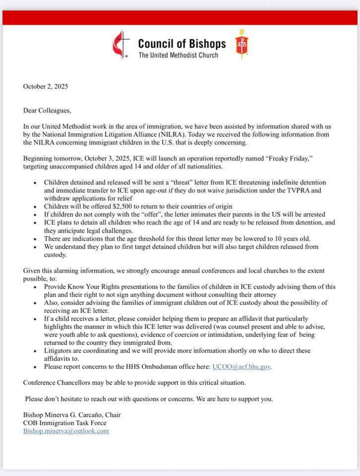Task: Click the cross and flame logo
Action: (x=121, y=44)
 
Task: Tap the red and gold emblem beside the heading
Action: (x=242, y=44)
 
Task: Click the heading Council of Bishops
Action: (x=181, y=44)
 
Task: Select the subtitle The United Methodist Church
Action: (x=178, y=55)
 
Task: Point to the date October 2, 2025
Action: (x=46, y=86)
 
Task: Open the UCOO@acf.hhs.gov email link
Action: (x=241, y=367)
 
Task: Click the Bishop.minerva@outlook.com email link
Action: (x=66, y=431)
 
